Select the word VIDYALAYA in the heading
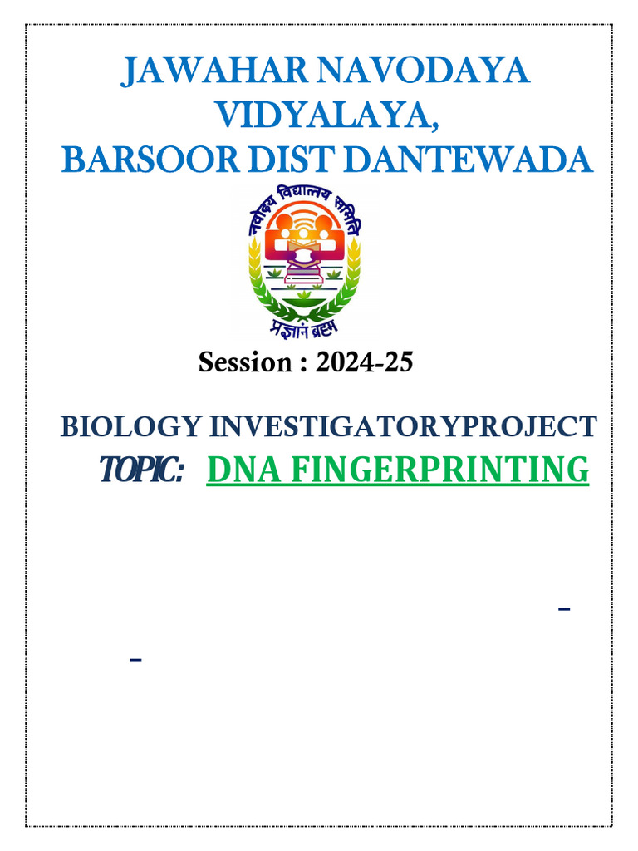[324, 116]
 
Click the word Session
[241, 363]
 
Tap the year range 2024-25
[364, 363]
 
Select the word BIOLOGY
[130, 426]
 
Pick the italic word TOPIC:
[141, 471]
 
